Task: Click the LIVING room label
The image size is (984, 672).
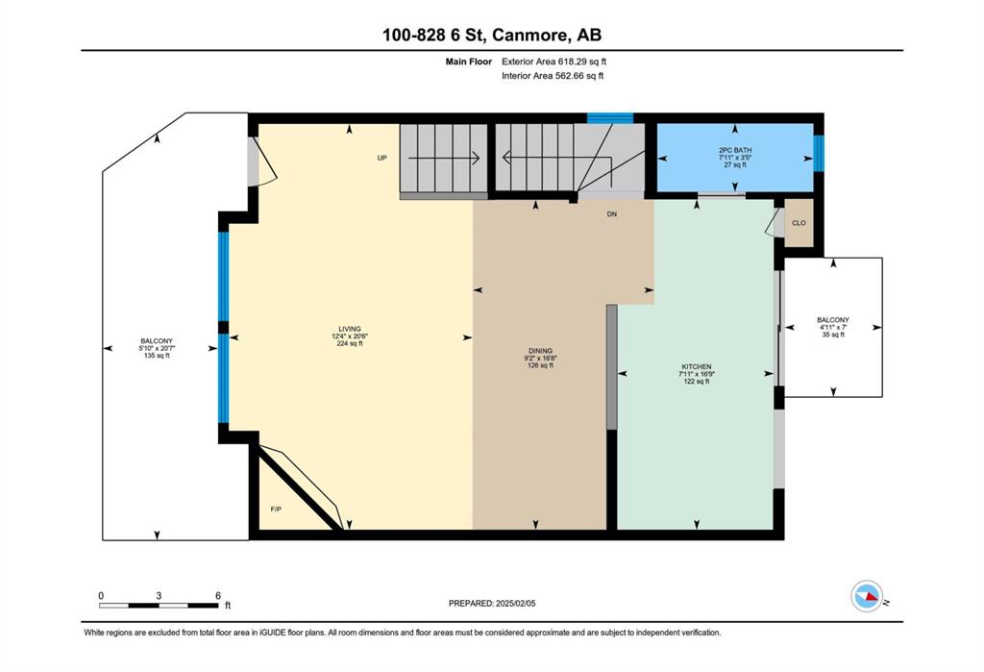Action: pyautogui.click(x=350, y=329)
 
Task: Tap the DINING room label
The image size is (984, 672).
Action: pyautogui.click(x=540, y=351)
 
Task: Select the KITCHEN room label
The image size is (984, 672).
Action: pyautogui.click(x=697, y=367)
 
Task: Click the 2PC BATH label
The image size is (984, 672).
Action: pyautogui.click(x=735, y=150)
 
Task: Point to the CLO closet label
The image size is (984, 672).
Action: pyautogui.click(x=799, y=223)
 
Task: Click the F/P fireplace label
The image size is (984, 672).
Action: pyautogui.click(x=276, y=510)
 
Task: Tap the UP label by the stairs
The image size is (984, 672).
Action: pyautogui.click(x=381, y=159)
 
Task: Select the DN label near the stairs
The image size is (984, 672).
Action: pyautogui.click(x=612, y=214)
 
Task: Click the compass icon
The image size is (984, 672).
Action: pyautogui.click(x=867, y=596)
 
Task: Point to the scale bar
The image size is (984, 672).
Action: pyautogui.click(x=160, y=606)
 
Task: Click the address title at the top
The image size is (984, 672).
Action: pyautogui.click(x=492, y=36)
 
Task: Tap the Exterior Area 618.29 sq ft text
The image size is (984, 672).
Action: pyautogui.click(x=554, y=62)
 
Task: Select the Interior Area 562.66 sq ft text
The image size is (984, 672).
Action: pyautogui.click(x=553, y=76)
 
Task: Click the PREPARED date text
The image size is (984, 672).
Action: pyautogui.click(x=492, y=604)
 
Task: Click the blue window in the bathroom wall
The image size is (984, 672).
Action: pyautogui.click(x=819, y=153)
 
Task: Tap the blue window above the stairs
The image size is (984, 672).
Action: pyautogui.click(x=610, y=118)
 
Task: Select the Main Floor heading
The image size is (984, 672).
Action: pyautogui.click(x=469, y=62)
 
